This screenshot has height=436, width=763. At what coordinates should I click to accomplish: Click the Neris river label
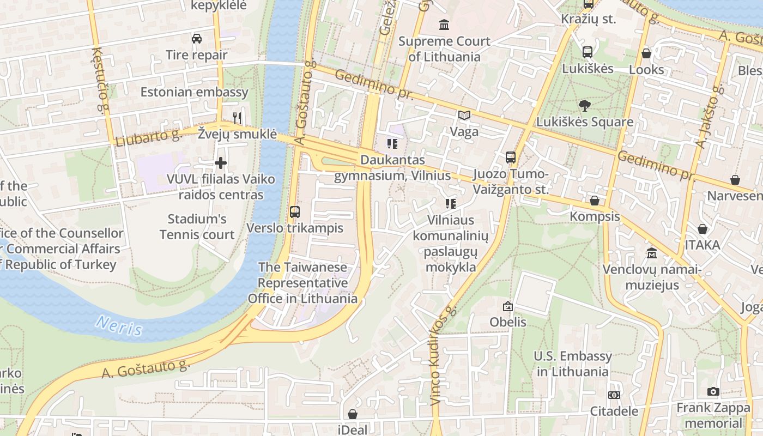pyautogui.click(x=119, y=325)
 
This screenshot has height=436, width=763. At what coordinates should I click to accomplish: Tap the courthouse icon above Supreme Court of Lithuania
pyautogui.click(x=444, y=25)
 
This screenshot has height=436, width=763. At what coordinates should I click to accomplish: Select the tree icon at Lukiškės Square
pyautogui.click(x=585, y=105)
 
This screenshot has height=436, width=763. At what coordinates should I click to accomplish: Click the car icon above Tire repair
pyautogui.click(x=197, y=39)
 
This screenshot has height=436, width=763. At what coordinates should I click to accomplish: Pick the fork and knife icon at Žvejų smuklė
pyautogui.click(x=237, y=118)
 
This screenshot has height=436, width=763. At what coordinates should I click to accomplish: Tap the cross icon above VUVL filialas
pyautogui.click(x=221, y=163)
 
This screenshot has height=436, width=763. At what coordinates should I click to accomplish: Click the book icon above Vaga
pyautogui.click(x=464, y=116)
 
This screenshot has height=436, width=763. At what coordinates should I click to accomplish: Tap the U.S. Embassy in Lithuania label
pyautogui.click(x=572, y=364)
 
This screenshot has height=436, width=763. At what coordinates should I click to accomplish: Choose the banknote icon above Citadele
pyautogui.click(x=614, y=395)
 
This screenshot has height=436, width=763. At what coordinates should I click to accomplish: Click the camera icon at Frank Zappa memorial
pyautogui.click(x=713, y=392)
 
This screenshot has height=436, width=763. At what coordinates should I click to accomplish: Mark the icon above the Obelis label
pyautogui.click(x=508, y=306)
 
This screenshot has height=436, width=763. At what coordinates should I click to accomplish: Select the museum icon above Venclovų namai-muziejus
pyautogui.click(x=652, y=253)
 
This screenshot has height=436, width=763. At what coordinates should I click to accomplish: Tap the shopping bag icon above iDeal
pyautogui.click(x=353, y=414)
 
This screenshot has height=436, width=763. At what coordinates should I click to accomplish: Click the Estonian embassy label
pyautogui.click(x=194, y=92)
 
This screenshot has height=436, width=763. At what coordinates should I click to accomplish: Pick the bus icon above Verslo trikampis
pyautogui.click(x=295, y=212)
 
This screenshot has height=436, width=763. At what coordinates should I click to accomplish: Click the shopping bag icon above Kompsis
pyautogui.click(x=595, y=201)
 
